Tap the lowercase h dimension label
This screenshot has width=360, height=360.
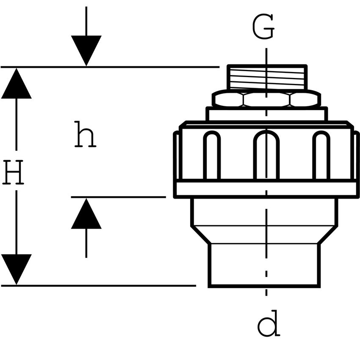(85, 135)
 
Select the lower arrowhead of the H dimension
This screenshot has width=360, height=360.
(16, 269)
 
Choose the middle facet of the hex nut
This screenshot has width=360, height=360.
(266, 100)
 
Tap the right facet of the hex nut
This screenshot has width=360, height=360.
(304, 100)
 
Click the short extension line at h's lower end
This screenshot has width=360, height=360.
(118, 197)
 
